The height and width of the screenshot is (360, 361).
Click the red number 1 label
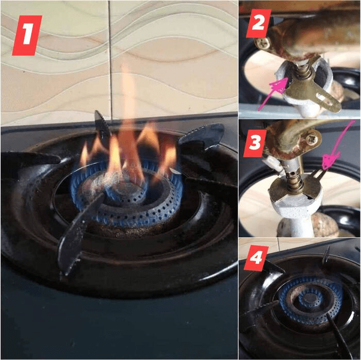tap(27, 36)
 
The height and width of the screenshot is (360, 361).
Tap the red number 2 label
tap(258, 23)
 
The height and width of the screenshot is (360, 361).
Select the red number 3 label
tap(255, 143)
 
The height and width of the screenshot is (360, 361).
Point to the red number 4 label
tap(256, 258)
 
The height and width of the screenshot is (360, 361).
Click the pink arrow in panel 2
tap(273, 94)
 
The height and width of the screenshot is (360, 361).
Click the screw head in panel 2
tap(261, 43)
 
